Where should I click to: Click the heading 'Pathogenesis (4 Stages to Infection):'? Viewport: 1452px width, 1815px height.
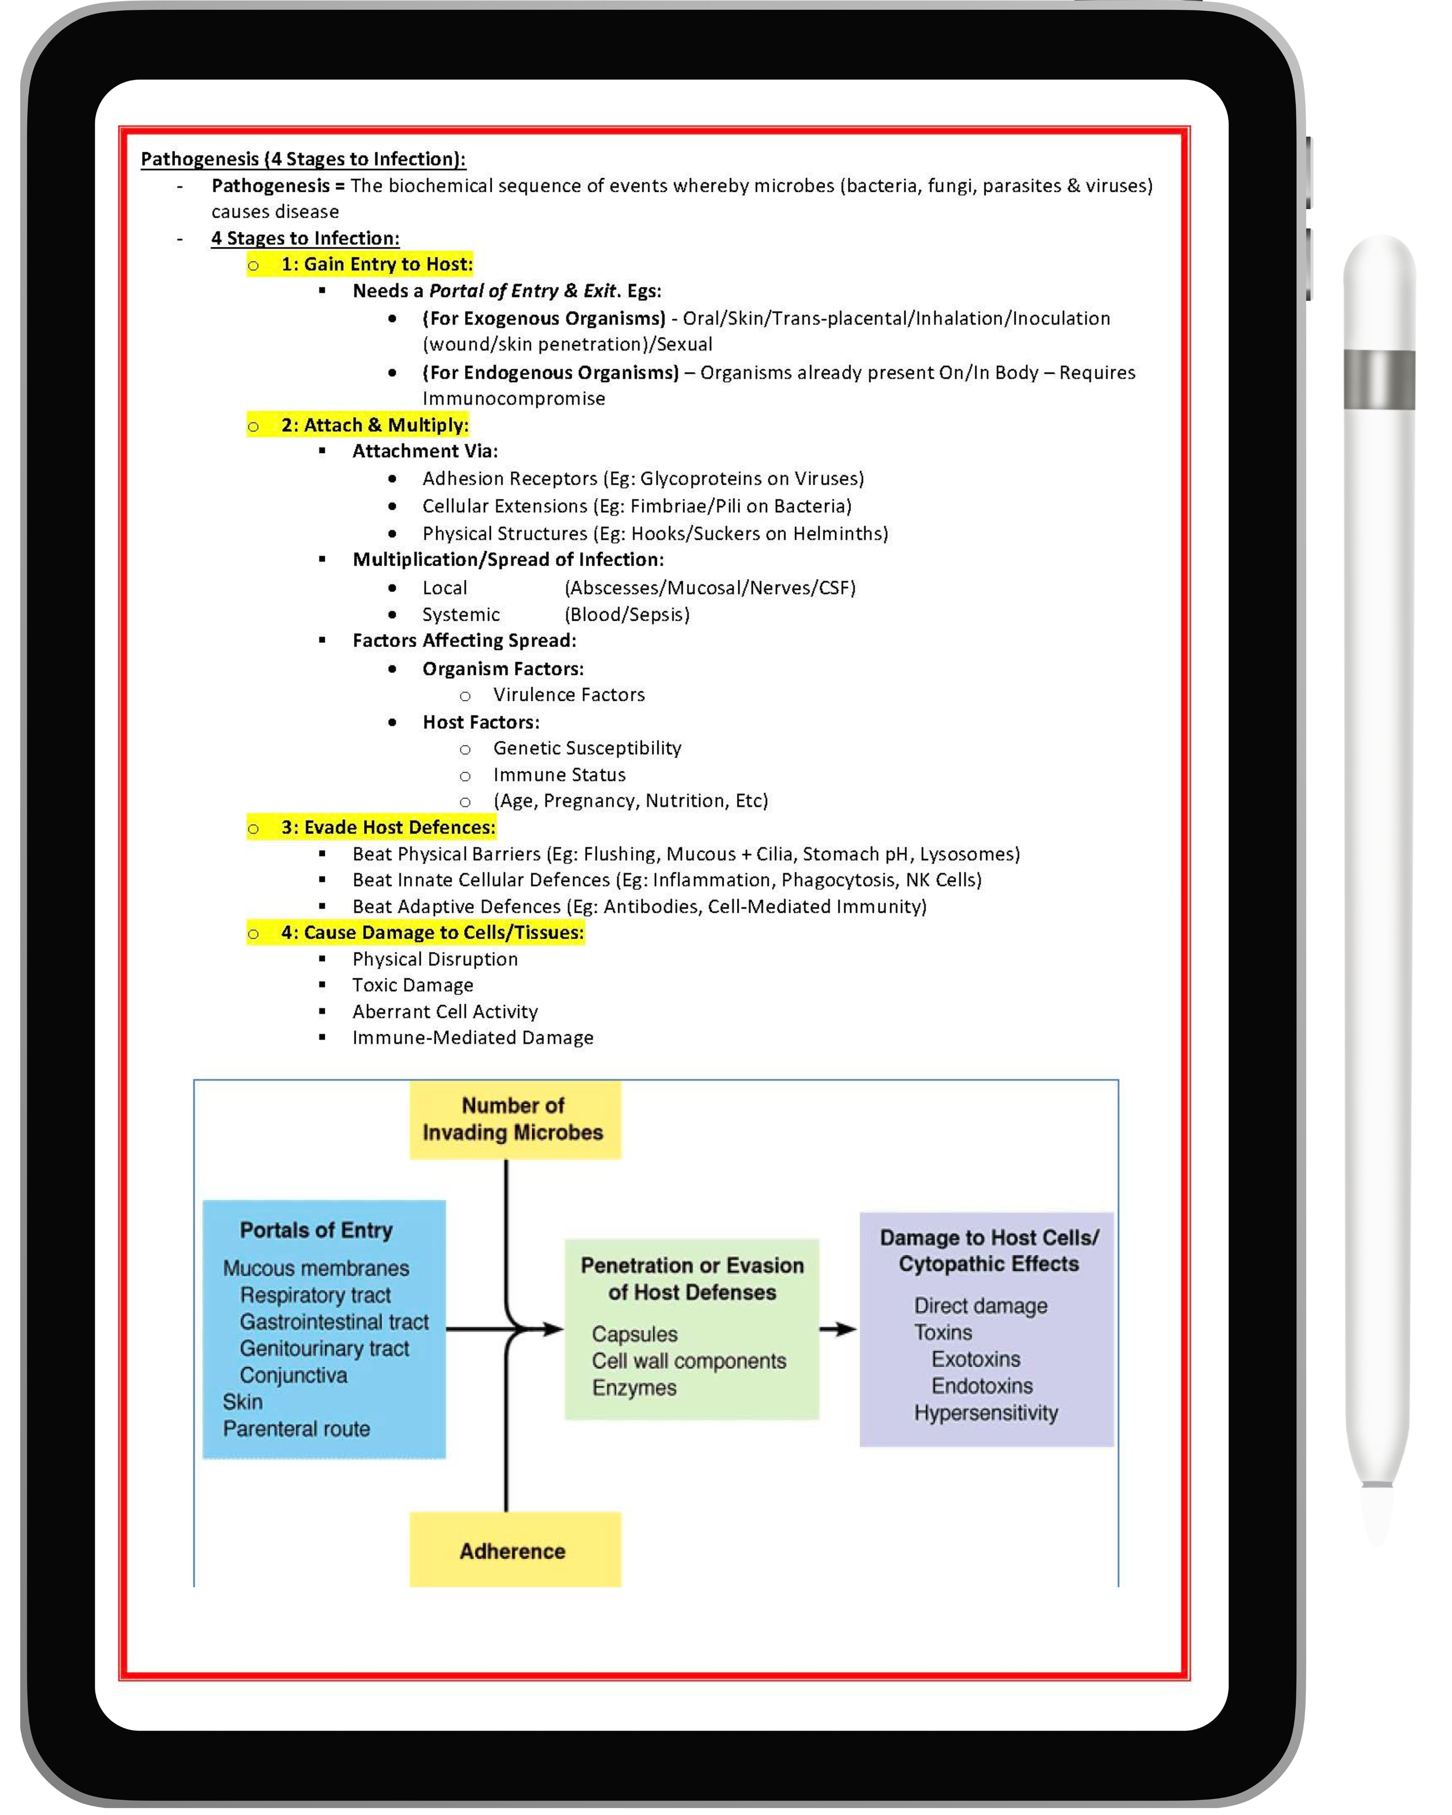tap(303, 159)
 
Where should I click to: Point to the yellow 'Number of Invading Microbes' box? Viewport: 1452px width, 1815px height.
tap(514, 1120)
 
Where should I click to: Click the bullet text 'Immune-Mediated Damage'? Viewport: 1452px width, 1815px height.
tap(472, 1038)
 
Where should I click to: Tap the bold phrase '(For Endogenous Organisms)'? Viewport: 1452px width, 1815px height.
tap(551, 373)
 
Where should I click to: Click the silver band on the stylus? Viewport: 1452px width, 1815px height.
tap(1379, 379)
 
